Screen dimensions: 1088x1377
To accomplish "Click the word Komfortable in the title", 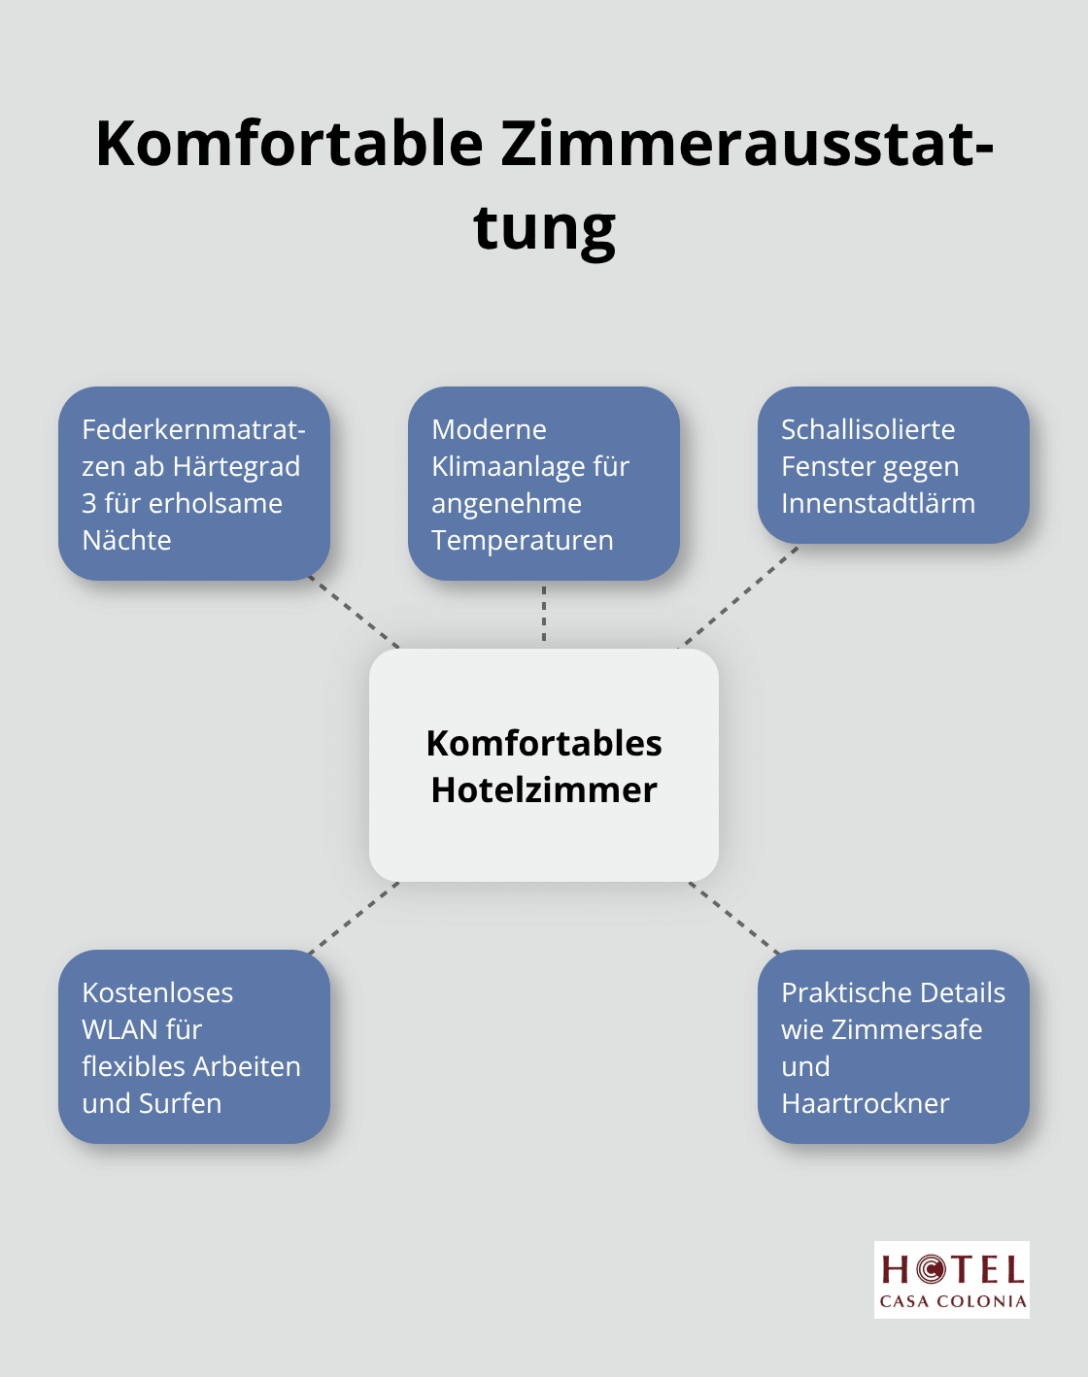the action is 289,144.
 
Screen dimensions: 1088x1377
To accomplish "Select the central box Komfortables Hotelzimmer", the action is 544,765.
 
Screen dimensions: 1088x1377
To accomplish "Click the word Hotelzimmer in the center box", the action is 544,789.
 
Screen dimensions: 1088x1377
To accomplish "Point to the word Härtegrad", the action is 236,466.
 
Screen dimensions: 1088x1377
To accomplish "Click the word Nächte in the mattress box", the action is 126,540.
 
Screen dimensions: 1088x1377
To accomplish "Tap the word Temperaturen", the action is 523,541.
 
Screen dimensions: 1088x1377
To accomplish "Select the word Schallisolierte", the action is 867,429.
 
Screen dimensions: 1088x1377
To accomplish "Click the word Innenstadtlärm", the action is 878,504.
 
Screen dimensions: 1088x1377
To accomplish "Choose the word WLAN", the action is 119,1030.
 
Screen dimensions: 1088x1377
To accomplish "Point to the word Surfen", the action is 180,1104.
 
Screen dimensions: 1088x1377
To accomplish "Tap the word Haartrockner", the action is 866,1104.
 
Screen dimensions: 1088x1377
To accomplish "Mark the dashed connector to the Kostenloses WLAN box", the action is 355,918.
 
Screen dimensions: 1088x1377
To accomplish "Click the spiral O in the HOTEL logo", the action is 932,1269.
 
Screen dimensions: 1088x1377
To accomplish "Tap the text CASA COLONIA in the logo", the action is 952,1301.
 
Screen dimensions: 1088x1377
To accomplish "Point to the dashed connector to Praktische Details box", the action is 734,918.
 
